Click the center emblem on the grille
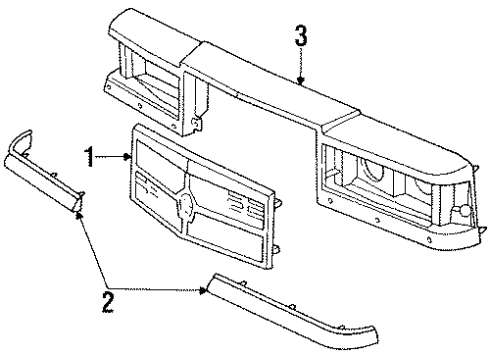(184, 207)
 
